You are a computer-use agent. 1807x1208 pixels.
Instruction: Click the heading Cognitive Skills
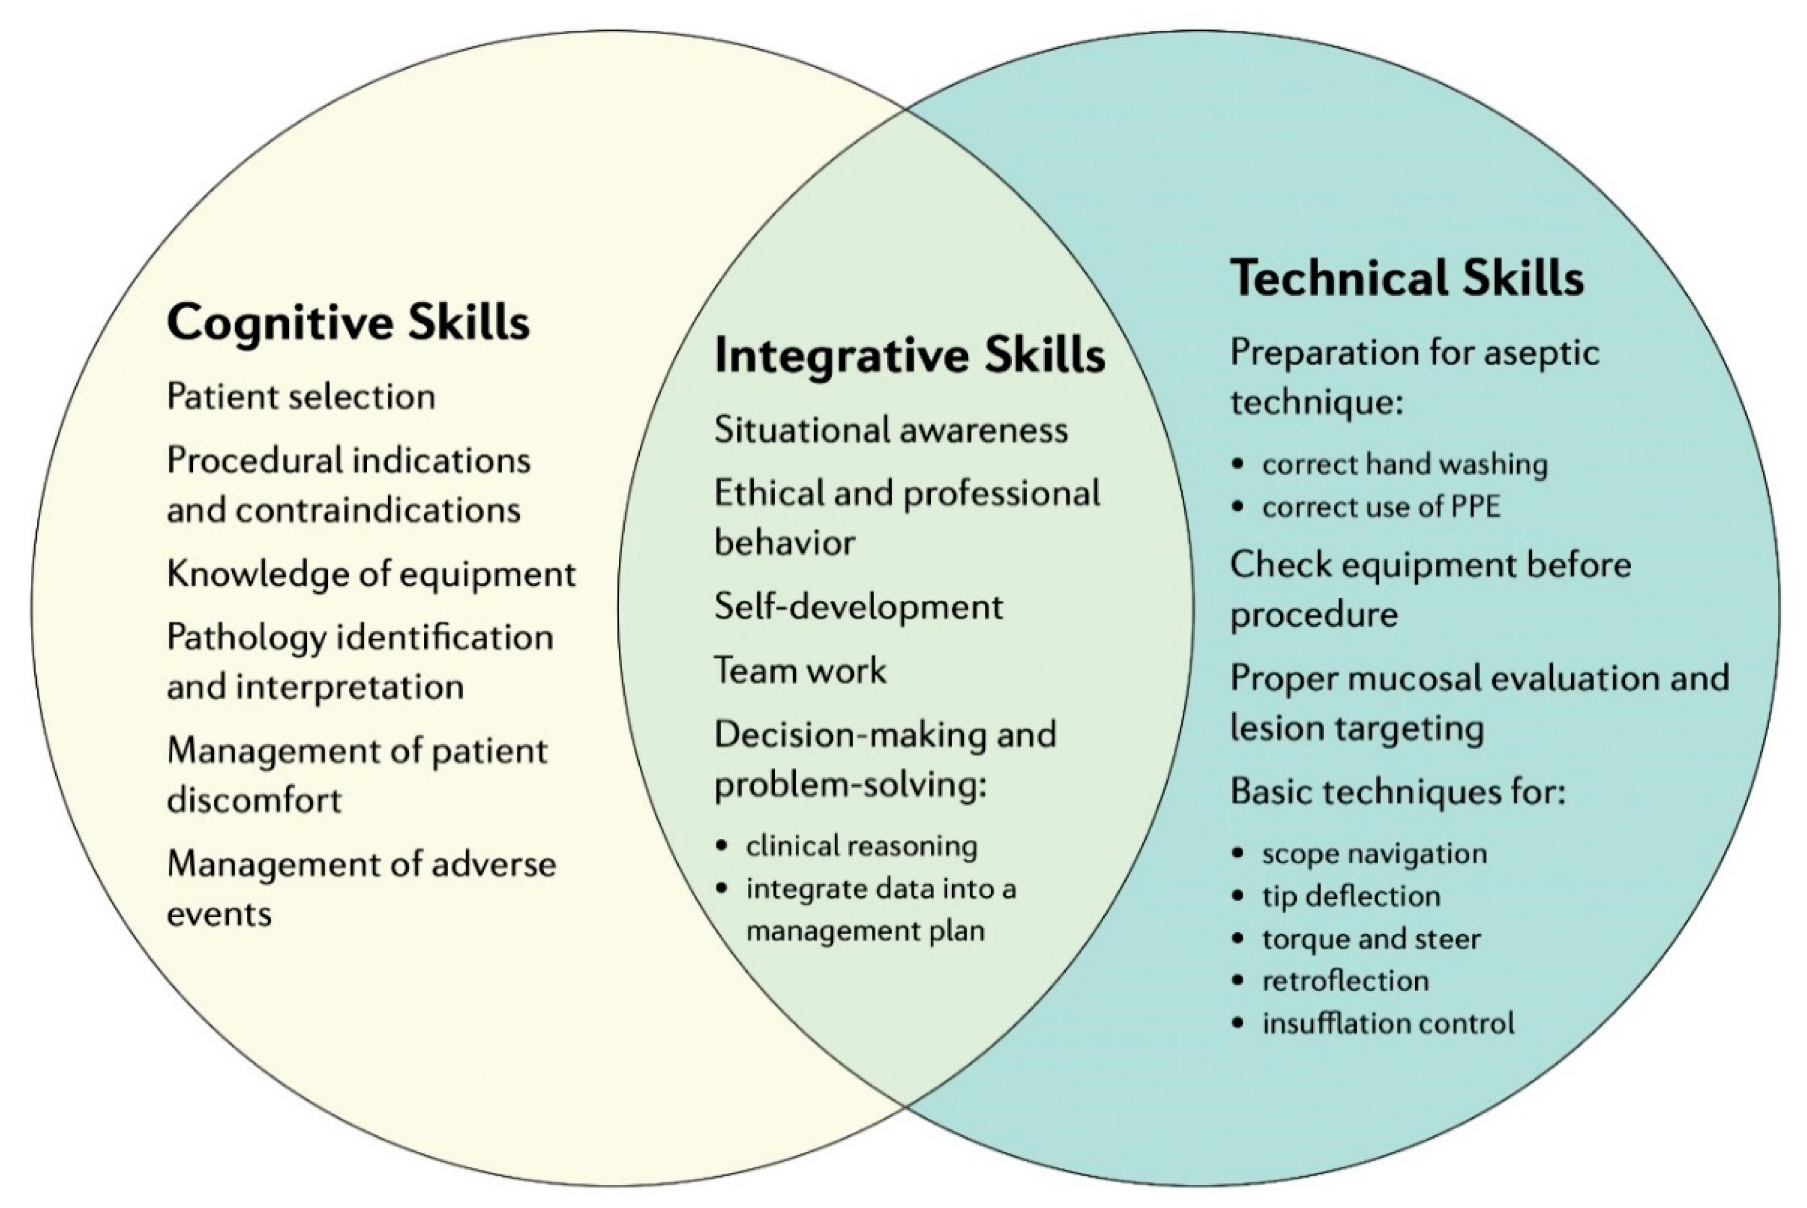(x=348, y=322)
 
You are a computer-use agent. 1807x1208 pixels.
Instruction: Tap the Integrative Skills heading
(x=909, y=356)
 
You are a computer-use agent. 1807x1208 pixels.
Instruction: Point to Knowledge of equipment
(x=371, y=574)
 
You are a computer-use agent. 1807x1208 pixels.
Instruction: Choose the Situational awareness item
(x=891, y=430)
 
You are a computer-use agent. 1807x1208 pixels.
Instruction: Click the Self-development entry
(x=859, y=607)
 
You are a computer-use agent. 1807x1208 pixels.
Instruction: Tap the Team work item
(x=800, y=670)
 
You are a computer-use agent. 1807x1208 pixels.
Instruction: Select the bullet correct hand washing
(x=1404, y=464)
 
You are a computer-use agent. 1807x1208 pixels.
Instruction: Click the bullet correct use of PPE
(x=1381, y=507)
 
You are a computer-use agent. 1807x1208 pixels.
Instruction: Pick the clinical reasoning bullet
(x=861, y=846)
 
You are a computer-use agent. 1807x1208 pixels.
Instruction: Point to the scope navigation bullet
(x=1374, y=854)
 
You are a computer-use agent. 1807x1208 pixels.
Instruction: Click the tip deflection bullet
(x=1351, y=896)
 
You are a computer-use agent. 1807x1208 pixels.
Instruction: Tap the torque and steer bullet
(x=1371, y=938)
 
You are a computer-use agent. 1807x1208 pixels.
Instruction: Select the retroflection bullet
(x=1345, y=981)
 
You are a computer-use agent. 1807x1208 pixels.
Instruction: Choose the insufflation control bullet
(x=1388, y=1023)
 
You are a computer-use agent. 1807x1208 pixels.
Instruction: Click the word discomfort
(x=254, y=800)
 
